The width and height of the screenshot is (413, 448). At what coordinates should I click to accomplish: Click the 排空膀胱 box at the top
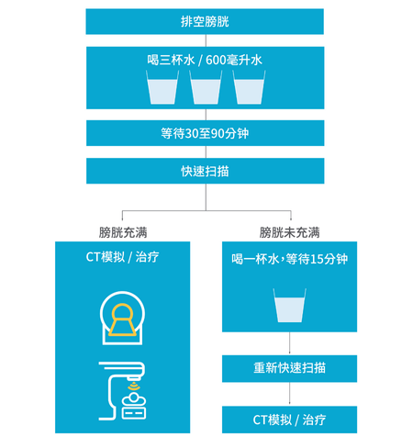205,21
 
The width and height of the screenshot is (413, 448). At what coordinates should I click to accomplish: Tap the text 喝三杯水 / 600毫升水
205,60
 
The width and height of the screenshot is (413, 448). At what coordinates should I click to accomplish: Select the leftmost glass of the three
162,87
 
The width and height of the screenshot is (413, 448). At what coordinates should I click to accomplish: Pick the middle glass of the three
206,87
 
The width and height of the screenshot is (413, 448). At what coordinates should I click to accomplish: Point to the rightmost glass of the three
249,87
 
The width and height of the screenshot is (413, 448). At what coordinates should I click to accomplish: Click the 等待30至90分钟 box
206,133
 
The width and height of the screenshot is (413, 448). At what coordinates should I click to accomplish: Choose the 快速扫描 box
206,171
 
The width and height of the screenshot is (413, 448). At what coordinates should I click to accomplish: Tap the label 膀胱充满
123,232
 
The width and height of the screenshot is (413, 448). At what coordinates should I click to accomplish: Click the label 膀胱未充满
289,232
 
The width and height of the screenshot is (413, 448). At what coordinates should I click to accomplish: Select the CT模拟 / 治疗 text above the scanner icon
122,257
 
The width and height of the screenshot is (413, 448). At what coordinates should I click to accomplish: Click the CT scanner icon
122,318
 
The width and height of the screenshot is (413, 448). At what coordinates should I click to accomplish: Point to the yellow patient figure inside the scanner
122,319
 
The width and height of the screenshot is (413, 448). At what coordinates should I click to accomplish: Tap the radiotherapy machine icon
122,391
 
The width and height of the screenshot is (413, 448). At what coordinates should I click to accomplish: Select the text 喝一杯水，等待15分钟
289,259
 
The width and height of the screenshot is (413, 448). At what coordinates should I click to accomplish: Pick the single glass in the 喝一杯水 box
289,305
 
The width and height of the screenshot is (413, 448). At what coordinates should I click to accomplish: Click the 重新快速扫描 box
289,368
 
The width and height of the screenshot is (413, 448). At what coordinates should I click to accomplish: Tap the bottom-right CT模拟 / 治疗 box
289,420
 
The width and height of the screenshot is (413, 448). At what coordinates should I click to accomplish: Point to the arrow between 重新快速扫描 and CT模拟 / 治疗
289,394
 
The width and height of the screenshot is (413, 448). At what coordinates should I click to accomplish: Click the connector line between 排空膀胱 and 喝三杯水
206,40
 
